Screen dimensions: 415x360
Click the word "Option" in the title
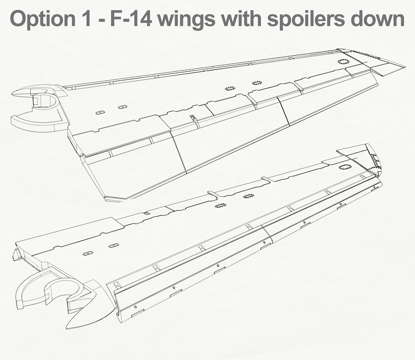click(x=43, y=19)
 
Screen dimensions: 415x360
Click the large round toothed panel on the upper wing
click(x=344, y=61)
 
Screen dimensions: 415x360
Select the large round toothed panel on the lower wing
click(x=344, y=167)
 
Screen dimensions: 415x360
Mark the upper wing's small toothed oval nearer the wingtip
click(x=256, y=83)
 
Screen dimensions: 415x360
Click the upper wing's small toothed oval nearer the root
click(x=229, y=88)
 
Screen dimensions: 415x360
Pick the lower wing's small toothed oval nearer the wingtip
click(x=248, y=196)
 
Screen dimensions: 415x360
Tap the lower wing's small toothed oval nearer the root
click(x=220, y=205)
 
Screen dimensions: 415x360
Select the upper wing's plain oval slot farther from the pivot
click(x=122, y=107)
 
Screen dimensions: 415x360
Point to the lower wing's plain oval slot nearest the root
click(x=87, y=254)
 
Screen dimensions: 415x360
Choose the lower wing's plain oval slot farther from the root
click(x=113, y=245)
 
